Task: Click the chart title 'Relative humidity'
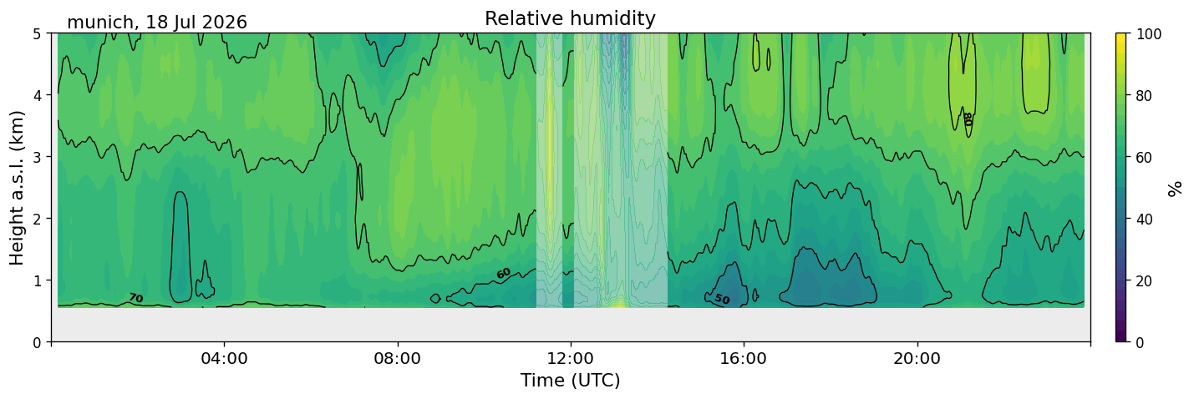pyautogui.click(x=570, y=18)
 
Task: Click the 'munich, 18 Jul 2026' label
pyautogui.click(x=157, y=23)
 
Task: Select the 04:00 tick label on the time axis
pyautogui.click(x=225, y=358)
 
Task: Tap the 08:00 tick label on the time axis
pyautogui.click(x=398, y=358)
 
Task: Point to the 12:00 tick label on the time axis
pyautogui.click(x=571, y=358)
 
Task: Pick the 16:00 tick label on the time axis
pyautogui.click(x=744, y=358)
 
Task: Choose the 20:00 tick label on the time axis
pyautogui.click(x=917, y=358)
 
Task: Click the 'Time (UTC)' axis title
pyautogui.click(x=571, y=381)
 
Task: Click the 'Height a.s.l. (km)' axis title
pyautogui.click(x=17, y=188)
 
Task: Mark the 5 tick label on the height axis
pyautogui.click(x=37, y=34)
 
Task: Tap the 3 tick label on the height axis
pyautogui.click(x=37, y=157)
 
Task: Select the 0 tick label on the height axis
pyautogui.click(x=37, y=342)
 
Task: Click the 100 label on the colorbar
pyautogui.click(x=1148, y=34)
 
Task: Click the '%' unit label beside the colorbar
pyautogui.click(x=1174, y=189)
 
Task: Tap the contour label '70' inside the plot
pyautogui.click(x=136, y=298)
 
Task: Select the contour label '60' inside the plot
pyautogui.click(x=503, y=274)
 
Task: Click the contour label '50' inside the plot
pyautogui.click(x=722, y=300)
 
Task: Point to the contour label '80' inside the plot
pyautogui.click(x=968, y=119)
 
